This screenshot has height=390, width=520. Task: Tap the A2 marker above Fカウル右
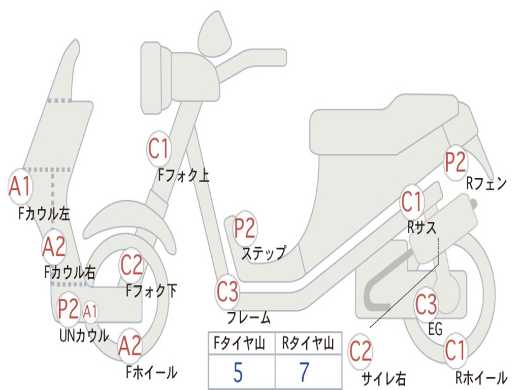click(54, 247)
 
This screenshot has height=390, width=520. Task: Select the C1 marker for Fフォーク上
click(159, 149)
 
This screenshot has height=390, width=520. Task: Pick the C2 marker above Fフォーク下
click(132, 265)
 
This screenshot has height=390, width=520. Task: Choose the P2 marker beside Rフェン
click(456, 162)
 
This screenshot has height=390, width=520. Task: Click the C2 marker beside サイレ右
click(361, 351)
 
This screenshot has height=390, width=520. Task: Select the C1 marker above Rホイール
click(456, 350)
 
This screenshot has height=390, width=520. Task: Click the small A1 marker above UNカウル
click(90, 312)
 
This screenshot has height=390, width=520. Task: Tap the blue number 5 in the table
click(238, 373)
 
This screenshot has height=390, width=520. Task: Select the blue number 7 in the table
click(305, 372)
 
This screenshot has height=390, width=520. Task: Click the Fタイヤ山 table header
click(240, 343)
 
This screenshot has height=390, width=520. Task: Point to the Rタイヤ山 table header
click(308, 343)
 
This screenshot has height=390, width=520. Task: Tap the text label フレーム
click(249, 318)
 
